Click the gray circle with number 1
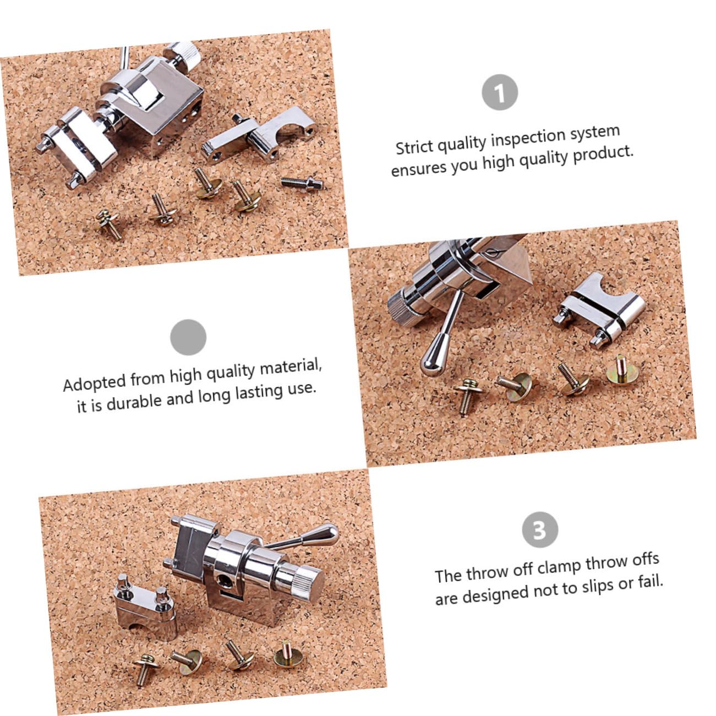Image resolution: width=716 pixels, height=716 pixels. [x=500, y=92]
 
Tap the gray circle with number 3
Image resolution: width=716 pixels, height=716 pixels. [x=539, y=530]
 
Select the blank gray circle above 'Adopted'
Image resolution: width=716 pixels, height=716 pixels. [x=188, y=337]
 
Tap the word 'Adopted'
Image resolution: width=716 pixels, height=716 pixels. [x=94, y=382]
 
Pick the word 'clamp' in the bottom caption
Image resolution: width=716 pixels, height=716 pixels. [x=559, y=567]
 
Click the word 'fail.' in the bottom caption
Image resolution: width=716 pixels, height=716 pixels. [x=651, y=581]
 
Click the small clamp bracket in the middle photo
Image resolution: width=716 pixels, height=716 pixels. [x=600, y=309]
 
